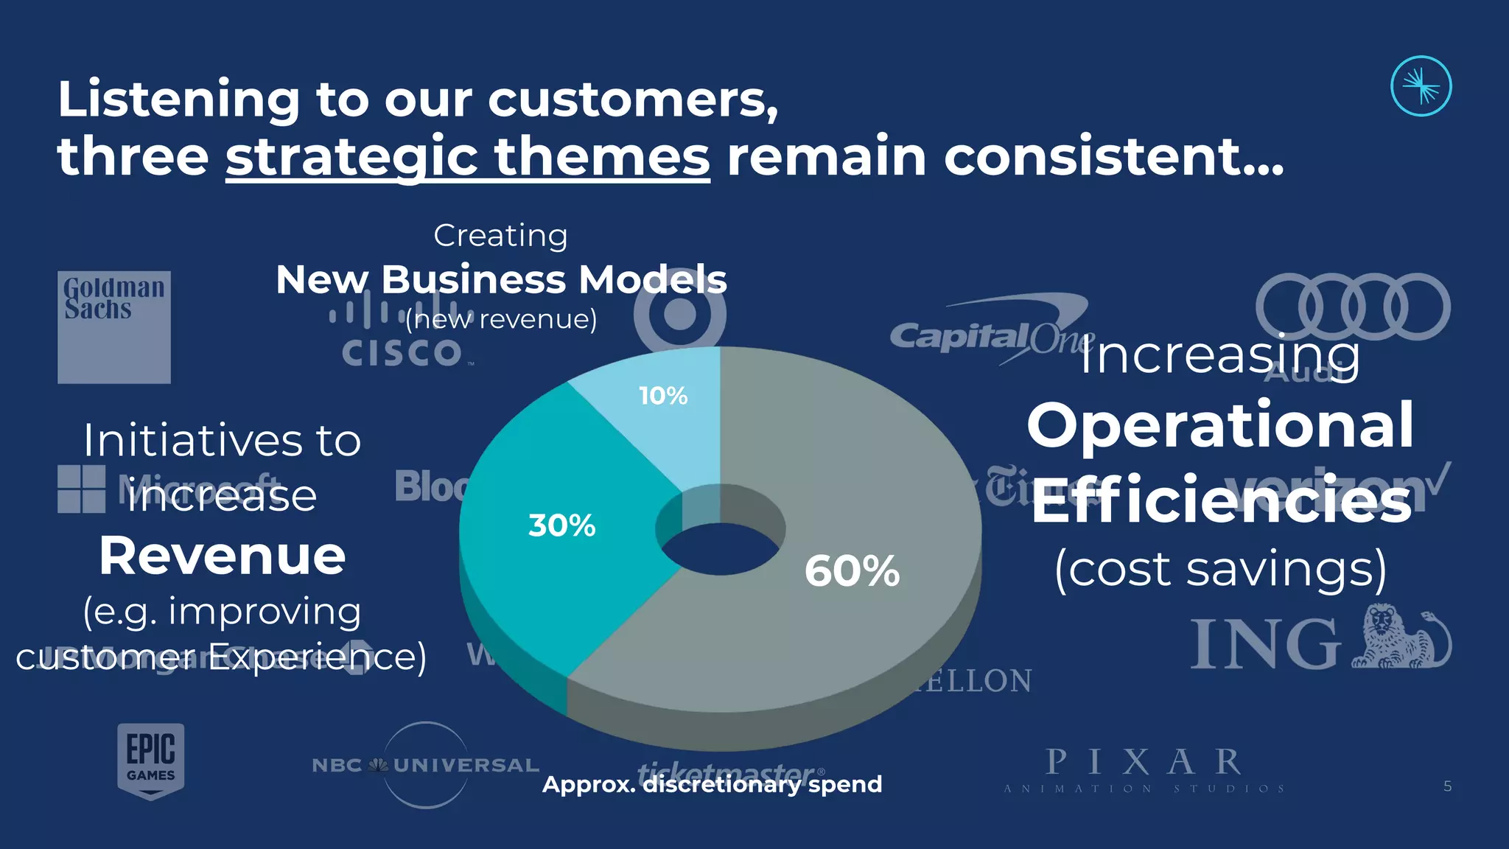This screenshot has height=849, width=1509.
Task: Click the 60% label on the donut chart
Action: [x=852, y=571]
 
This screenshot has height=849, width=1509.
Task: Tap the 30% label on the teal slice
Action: [x=561, y=525]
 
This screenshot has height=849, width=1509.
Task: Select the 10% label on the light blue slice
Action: [x=663, y=396]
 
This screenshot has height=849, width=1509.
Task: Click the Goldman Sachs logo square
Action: [x=114, y=327]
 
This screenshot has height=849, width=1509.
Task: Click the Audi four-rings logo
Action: [x=1353, y=307]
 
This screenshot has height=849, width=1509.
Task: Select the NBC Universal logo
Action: [x=426, y=765]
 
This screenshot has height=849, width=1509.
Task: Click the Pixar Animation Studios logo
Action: [x=1144, y=769]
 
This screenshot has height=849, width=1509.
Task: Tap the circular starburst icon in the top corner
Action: [x=1421, y=86]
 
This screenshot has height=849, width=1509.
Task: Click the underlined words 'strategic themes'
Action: [x=468, y=156]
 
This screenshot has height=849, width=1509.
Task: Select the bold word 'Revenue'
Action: [x=222, y=556]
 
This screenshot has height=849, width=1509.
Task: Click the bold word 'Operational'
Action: [x=1220, y=425]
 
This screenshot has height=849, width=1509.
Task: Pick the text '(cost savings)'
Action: [x=1220, y=569]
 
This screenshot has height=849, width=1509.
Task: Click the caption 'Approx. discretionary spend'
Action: [x=712, y=784]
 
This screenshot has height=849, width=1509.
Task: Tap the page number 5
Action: [x=1447, y=786]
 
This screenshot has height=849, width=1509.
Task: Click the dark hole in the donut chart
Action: [x=719, y=549]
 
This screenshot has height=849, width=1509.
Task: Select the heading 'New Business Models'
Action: [x=501, y=280]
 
